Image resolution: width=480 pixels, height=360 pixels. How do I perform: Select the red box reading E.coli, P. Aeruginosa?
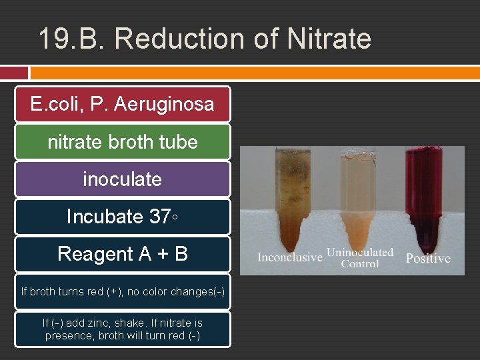122,104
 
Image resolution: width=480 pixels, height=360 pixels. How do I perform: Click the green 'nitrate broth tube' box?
122,141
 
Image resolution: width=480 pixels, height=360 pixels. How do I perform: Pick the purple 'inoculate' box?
122,179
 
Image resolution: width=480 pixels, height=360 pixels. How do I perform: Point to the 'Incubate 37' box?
122,217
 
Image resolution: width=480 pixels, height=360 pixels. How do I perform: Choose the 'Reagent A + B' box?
122,254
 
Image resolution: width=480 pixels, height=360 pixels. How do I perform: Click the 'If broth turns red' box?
122,291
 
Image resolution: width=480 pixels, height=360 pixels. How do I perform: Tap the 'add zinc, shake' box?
122,329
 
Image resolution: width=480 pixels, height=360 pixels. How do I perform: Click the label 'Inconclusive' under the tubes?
289,257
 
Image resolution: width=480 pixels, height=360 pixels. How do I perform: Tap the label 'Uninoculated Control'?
360,258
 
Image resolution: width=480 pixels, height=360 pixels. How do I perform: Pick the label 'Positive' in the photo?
428,258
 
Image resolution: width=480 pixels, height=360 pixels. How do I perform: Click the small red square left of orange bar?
14,73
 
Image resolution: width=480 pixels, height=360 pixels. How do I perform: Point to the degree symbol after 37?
175,217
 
